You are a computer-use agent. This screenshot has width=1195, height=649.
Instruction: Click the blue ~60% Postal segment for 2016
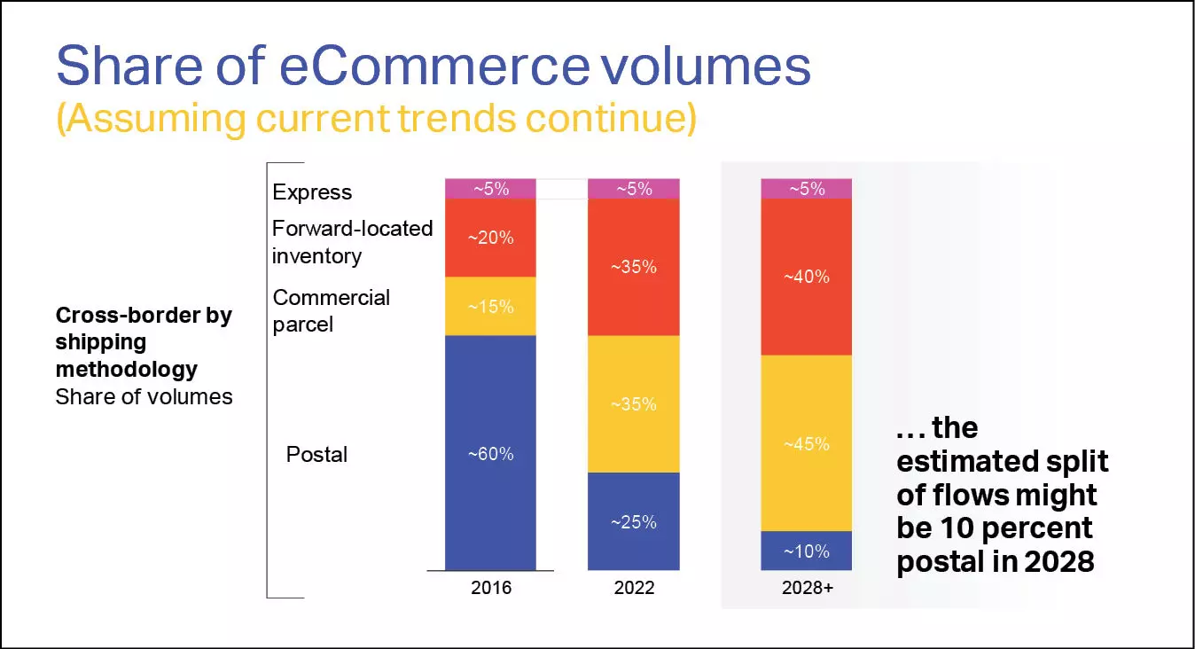pyautogui.click(x=490, y=452)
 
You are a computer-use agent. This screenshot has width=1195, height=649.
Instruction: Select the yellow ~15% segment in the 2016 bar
pyautogui.click(x=490, y=306)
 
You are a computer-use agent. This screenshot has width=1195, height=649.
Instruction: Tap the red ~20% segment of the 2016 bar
pyautogui.click(x=490, y=238)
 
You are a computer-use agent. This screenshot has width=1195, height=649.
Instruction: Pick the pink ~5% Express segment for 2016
pyautogui.click(x=490, y=189)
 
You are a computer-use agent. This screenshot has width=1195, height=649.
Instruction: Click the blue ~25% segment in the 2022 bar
pyautogui.click(x=634, y=521)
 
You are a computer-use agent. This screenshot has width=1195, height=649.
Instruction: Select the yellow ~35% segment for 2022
pyautogui.click(x=634, y=403)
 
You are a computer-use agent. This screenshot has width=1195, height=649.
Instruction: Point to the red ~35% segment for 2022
pyautogui.click(x=634, y=267)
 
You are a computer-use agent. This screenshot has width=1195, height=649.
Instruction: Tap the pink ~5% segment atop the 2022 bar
pyautogui.click(x=634, y=189)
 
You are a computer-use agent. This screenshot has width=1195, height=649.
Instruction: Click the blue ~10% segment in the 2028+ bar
pyautogui.click(x=807, y=551)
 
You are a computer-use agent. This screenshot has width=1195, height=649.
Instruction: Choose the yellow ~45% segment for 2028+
pyautogui.click(x=807, y=443)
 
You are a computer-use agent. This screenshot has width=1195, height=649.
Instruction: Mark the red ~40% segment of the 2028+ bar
pyautogui.click(x=807, y=277)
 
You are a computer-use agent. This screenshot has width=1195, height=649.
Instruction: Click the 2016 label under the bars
pyautogui.click(x=491, y=588)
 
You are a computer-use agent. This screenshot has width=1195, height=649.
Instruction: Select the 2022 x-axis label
pyautogui.click(x=634, y=588)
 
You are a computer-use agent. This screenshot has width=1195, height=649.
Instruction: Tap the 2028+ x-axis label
pyautogui.click(x=807, y=588)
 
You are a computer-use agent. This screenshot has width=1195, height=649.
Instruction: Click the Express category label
pyautogui.click(x=312, y=192)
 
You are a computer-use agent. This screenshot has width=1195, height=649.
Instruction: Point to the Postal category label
pyautogui.click(x=316, y=455)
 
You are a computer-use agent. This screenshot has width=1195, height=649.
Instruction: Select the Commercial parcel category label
pyautogui.click(x=331, y=310)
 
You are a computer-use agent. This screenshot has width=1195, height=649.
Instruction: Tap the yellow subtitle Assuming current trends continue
pyautogui.click(x=376, y=118)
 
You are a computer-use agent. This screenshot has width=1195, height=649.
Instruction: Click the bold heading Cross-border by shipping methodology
pyautogui.click(x=143, y=341)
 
